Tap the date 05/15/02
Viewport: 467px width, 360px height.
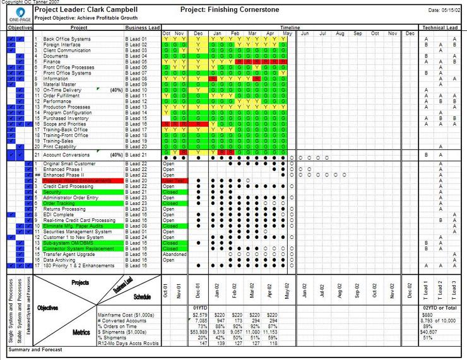[x=452, y=11]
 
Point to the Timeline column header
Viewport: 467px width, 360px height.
[x=290, y=28]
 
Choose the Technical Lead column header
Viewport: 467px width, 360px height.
[x=440, y=28]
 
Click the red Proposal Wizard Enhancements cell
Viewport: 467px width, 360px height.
[x=79, y=181]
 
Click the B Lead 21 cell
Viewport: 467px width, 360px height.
[x=136, y=154]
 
